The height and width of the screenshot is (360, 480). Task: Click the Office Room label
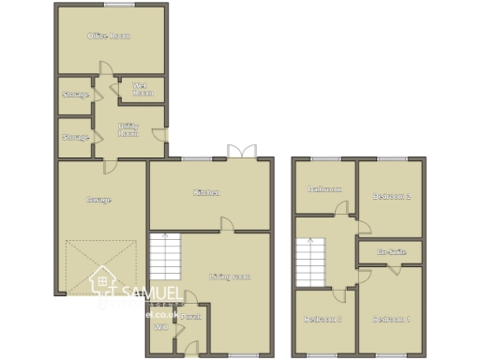108,36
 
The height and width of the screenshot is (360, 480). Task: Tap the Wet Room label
142,91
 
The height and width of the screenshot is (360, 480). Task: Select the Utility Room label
128,129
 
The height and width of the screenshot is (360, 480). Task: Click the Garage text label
98,199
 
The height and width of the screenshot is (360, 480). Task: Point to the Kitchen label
206,193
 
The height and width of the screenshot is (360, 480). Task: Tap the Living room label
230,277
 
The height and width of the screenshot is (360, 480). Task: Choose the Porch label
191,317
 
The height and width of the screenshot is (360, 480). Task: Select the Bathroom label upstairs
325,188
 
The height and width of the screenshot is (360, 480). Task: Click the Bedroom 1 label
392,320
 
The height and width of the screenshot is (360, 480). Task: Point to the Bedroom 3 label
322,320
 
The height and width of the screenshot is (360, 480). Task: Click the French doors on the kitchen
245,151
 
